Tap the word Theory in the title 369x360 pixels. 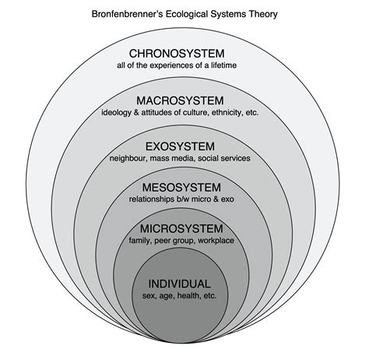pos(261,14)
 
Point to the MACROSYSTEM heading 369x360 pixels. pos(181,101)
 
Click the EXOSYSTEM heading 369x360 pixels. pos(180,146)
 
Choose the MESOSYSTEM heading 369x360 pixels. pos(181,187)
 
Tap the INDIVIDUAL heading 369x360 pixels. pos(180,283)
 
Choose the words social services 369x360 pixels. pos(225,158)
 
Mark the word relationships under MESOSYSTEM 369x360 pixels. pos(153,200)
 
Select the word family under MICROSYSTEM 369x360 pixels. pos(141,242)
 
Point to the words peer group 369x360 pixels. pos(174,242)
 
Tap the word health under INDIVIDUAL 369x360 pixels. pos(189,296)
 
